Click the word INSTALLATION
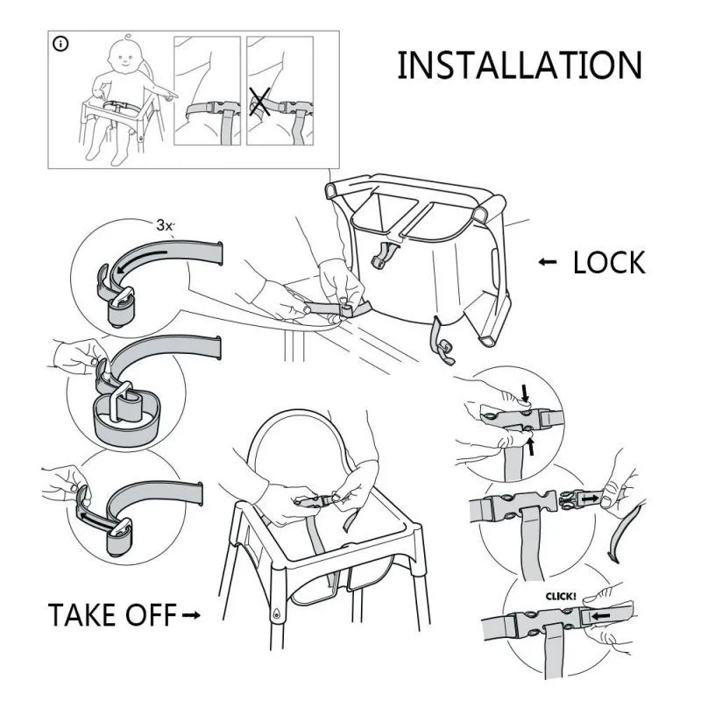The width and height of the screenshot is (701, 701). (x=519, y=66)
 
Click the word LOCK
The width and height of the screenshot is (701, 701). (x=608, y=263)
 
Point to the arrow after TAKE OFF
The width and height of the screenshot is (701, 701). (x=191, y=616)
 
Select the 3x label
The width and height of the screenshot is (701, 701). (x=165, y=225)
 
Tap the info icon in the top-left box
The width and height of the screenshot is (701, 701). (x=60, y=44)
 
